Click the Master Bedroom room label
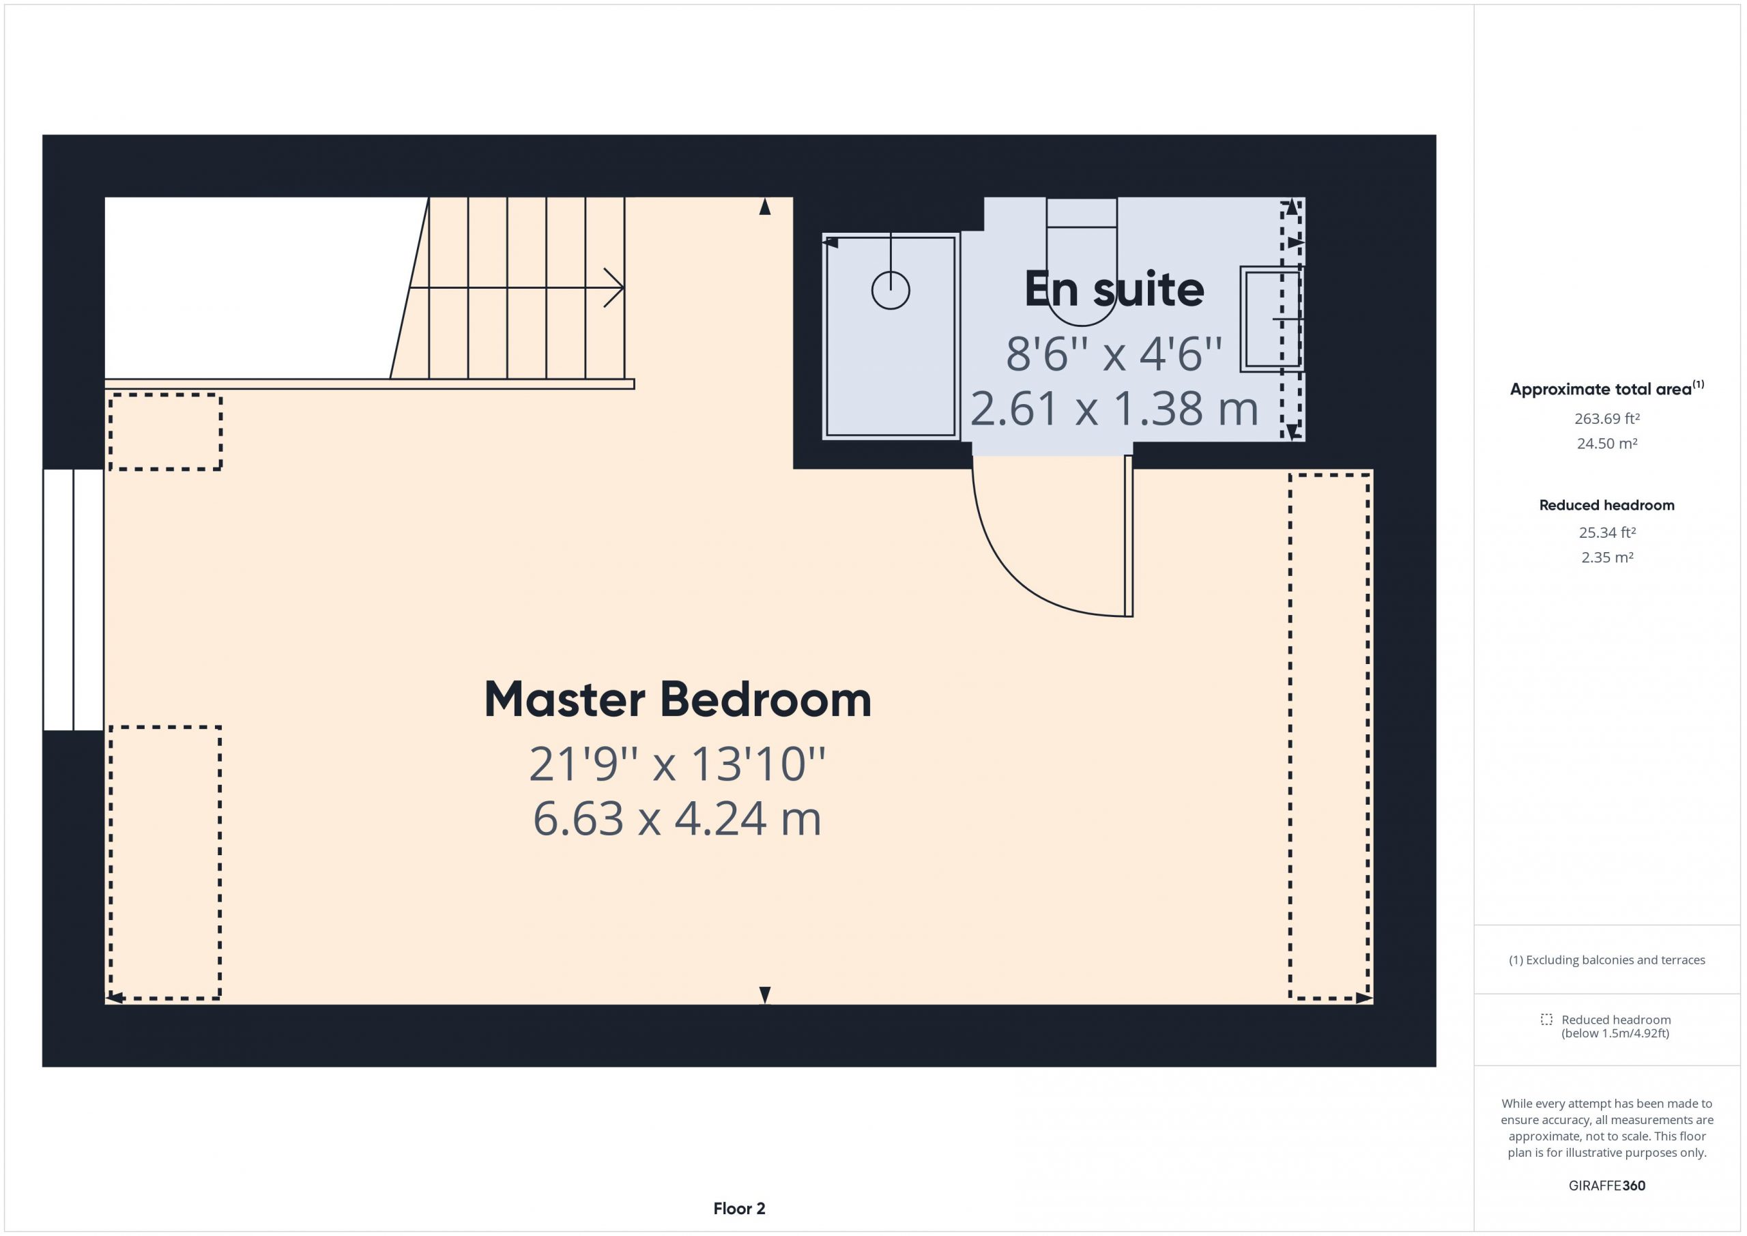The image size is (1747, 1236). point(677,700)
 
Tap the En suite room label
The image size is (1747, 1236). point(1114,289)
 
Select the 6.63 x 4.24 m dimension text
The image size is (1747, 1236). point(677,819)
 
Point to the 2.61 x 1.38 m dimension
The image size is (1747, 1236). point(1114,409)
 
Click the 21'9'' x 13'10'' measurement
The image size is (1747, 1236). point(677,764)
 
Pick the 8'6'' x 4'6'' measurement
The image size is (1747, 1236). point(1114,354)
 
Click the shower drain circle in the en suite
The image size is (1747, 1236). point(891,290)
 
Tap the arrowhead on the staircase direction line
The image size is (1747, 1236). point(615,288)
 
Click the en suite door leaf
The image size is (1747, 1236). point(1129,536)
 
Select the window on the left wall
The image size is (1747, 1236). point(73,600)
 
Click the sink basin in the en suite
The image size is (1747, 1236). point(1271,319)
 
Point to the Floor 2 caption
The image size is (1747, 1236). point(739,1209)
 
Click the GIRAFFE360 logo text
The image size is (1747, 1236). point(1607,1185)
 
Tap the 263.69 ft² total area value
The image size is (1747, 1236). point(1607,418)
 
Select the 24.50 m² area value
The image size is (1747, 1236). point(1607,443)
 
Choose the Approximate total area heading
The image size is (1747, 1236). point(1607,388)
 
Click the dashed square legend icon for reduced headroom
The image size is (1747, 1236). point(1546,1019)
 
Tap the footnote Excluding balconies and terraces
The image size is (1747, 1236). point(1607,960)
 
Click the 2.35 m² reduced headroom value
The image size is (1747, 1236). point(1607,557)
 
